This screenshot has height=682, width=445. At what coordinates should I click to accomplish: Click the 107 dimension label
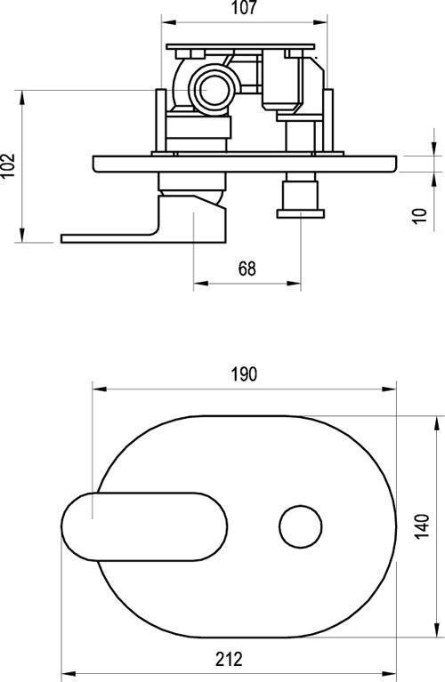244,8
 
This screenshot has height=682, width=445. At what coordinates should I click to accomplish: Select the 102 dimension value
8,164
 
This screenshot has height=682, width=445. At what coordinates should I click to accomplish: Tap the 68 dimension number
247,269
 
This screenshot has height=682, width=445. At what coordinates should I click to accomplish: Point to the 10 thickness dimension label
420,216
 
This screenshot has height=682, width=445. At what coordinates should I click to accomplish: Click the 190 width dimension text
244,374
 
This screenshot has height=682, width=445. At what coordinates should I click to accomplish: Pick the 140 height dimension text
422,526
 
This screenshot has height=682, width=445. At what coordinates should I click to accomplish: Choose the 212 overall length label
229,659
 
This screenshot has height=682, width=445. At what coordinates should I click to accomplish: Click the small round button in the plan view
301,526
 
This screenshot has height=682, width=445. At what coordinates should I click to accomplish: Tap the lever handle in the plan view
144,526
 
